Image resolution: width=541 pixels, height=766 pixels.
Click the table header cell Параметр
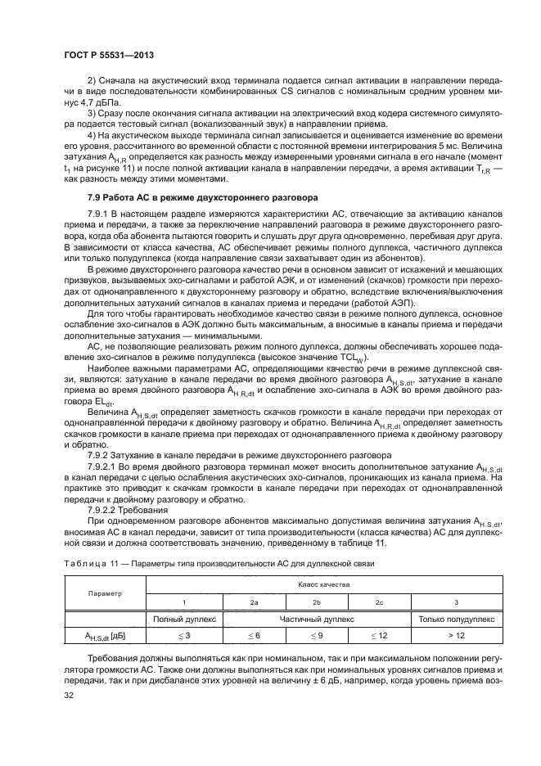pyautogui.click(x=104, y=593)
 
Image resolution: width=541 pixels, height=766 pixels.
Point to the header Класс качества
pyautogui.click(x=322, y=585)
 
